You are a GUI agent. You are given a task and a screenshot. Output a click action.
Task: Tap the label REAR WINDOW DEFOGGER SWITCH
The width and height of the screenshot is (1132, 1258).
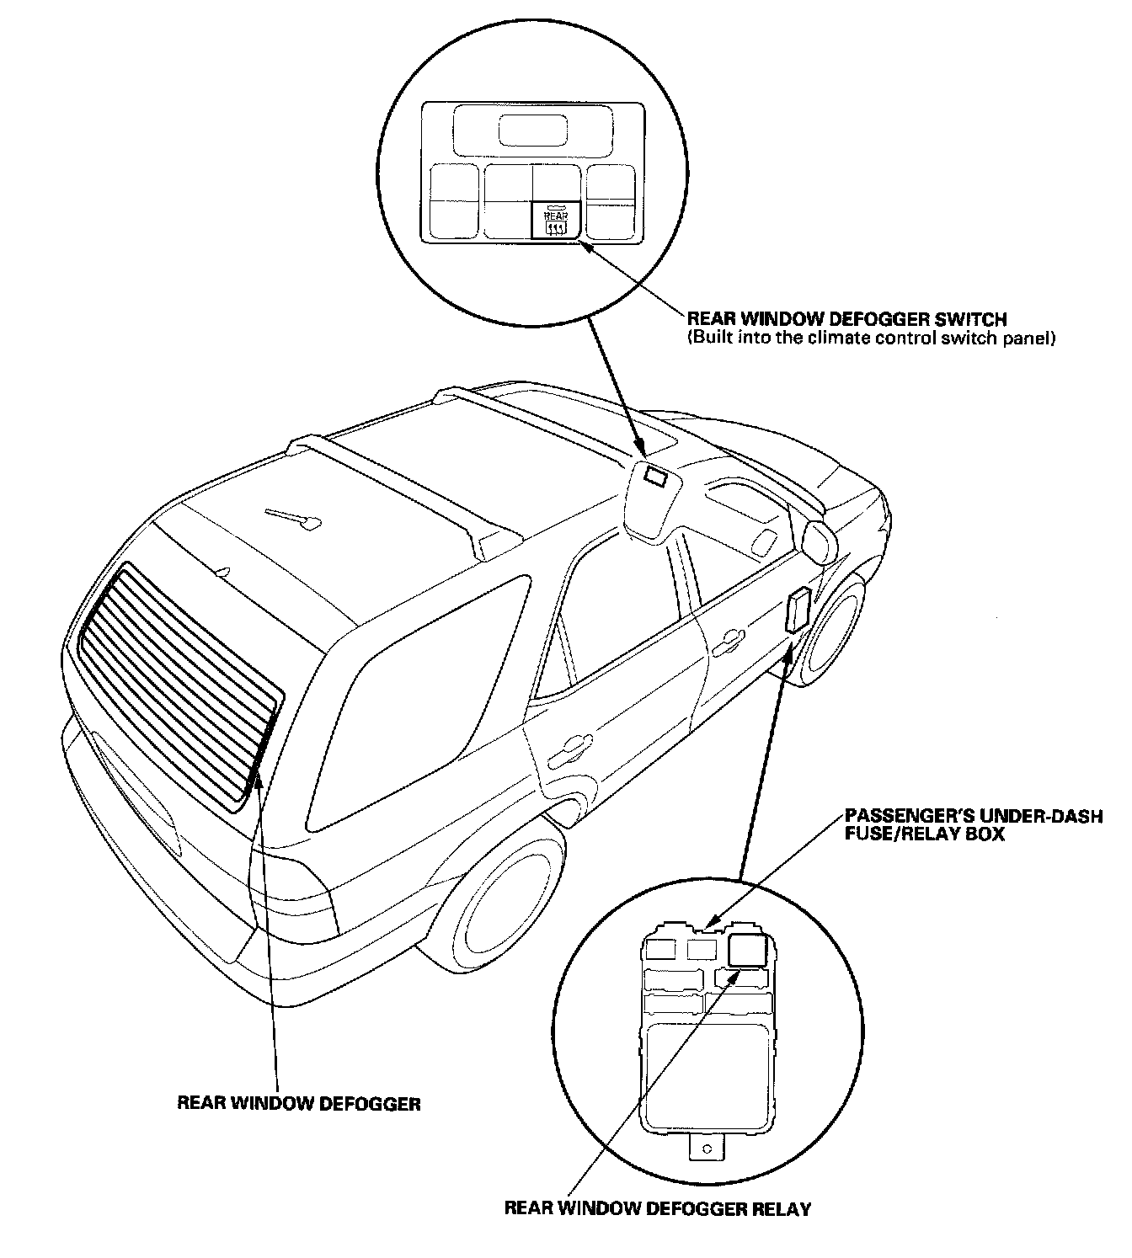846,320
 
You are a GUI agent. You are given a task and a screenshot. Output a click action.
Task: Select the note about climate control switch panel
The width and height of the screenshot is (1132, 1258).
872,338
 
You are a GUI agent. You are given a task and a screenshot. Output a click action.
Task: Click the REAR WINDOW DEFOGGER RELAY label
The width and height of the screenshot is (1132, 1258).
657,1209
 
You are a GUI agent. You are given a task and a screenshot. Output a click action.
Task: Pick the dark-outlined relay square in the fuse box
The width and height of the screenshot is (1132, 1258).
746,951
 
